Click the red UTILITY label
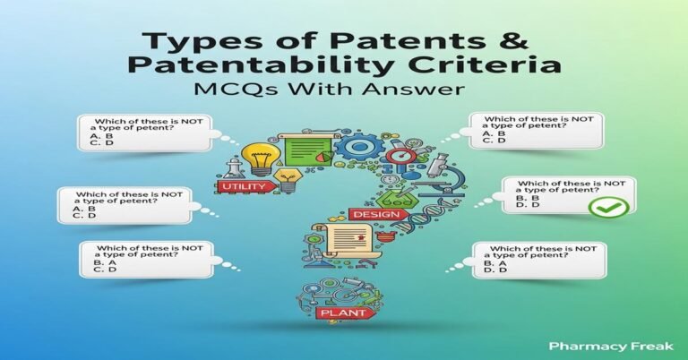click(241, 185)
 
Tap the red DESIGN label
click(370, 215)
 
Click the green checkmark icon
click(614, 208)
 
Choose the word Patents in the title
click(412, 38)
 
